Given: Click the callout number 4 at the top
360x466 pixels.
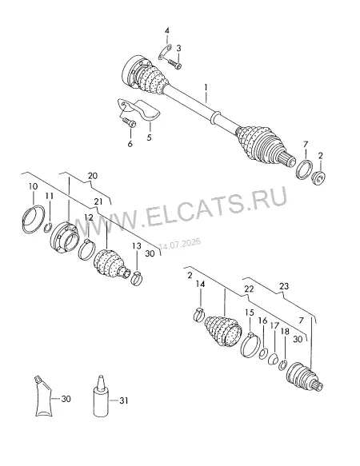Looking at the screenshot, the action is (167, 30).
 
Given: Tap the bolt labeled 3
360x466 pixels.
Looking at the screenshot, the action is (174, 64).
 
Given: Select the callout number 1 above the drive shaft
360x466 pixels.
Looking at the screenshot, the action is (206, 87).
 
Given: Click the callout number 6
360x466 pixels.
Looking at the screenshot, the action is (130, 144).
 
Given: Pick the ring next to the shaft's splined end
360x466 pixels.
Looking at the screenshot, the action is (304, 169).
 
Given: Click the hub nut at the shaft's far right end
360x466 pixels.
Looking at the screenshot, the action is (318, 177).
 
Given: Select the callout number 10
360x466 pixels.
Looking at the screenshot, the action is (34, 186).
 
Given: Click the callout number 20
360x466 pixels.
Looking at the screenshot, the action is (93, 176).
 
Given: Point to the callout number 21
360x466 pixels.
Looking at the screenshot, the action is (98, 201).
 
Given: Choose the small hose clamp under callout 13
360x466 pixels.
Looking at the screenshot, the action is (137, 278).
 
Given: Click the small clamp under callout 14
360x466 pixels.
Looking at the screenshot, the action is (199, 315).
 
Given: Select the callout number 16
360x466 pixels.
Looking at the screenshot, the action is (263, 321).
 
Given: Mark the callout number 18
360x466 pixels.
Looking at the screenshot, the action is (285, 332).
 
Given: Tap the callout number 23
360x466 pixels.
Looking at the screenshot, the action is (284, 286).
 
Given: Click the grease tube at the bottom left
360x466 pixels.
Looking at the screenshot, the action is (43, 396).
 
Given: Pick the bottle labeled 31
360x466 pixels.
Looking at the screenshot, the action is (101, 396).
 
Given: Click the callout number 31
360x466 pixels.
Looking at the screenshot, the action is (124, 400).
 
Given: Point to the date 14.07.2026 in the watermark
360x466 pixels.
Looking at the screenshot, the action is (180, 244).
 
